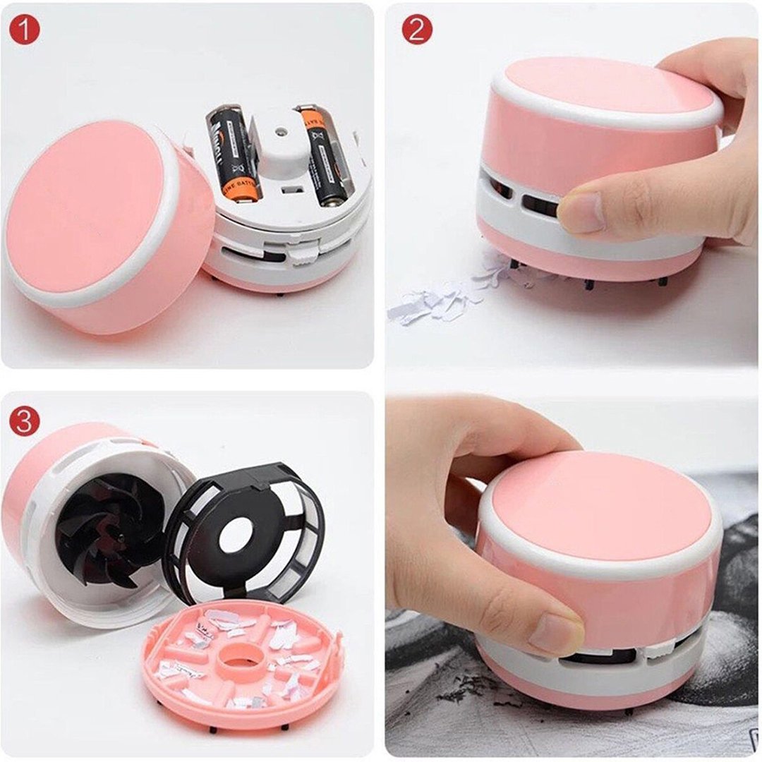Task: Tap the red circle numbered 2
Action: (417, 30)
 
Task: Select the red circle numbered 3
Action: (25, 421)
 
